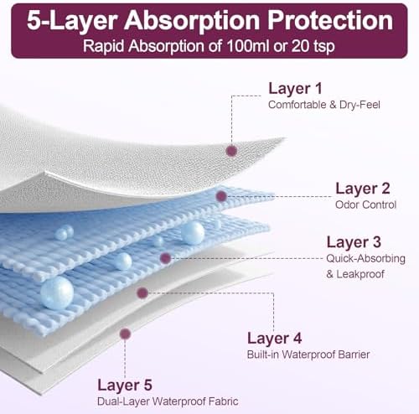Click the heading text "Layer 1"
pyautogui.click(x=295, y=89)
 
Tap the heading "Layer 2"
pyautogui.click(x=363, y=189)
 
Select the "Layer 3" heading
pyautogui.click(x=354, y=242)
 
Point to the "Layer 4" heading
pyautogui.click(x=275, y=339)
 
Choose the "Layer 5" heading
pyautogui.click(x=125, y=386)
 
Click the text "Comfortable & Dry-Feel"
pyautogui.click(x=324, y=105)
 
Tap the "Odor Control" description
pyautogui.click(x=365, y=204)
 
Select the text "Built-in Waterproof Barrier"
pyautogui.click(x=308, y=354)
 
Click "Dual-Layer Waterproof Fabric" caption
pyautogui.click(x=168, y=401)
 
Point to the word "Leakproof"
pyautogui.click(x=360, y=274)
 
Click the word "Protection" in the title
pyautogui.click(x=330, y=20)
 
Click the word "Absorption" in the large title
pyautogui.click(x=193, y=21)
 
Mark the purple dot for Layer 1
pyautogui.click(x=231, y=151)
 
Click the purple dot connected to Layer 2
pyautogui.click(x=221, y=196)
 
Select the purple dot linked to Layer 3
pyautogui.click(x=166, y=258)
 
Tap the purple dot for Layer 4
pyautogui.click(x=142, y=292)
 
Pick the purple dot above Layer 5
pyautogui.click(x=125, y=334)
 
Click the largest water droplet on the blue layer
pyautogui.click(x=57, y=292)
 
